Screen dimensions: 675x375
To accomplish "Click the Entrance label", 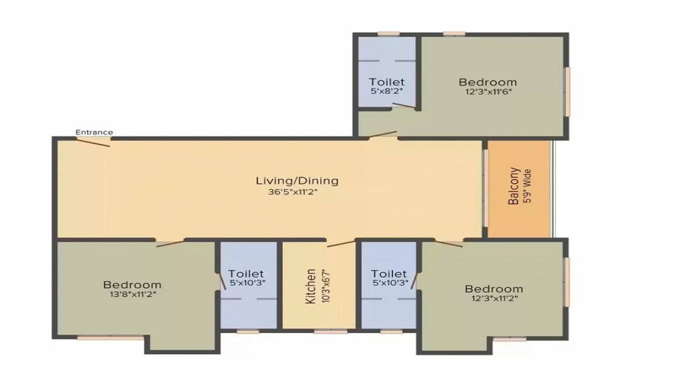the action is [94, 132].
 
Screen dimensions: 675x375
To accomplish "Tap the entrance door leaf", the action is [93, 142].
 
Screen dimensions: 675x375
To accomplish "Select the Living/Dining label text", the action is [297, 181].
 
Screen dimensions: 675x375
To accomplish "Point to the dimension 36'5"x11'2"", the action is [292, 193].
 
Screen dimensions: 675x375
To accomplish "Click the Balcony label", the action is [514, 186].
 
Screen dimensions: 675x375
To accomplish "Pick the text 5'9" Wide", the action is [528, 186].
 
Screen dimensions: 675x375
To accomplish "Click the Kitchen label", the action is [310, 286].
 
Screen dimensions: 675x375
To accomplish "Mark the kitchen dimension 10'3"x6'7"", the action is [325, 286].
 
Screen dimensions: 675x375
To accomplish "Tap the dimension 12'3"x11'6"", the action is [488, 91].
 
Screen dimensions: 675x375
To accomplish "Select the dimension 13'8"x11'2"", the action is [132, 295].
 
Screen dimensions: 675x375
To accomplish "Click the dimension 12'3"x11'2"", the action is [494, 298].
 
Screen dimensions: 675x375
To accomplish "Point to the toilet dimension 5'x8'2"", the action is [386, 91].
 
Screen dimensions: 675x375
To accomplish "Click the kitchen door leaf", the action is [341, 244].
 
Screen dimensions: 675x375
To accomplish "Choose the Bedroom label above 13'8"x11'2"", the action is [132, 284].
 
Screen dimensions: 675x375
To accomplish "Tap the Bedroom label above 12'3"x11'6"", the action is [487, 82].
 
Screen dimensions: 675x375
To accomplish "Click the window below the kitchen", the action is [331, 331].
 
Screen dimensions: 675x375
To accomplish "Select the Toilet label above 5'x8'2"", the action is [386, 81].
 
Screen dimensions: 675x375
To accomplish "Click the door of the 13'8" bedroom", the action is [170, 243].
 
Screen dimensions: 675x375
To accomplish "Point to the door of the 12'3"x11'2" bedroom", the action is [448, 243].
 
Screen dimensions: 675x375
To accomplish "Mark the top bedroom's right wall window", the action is [568, 91].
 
